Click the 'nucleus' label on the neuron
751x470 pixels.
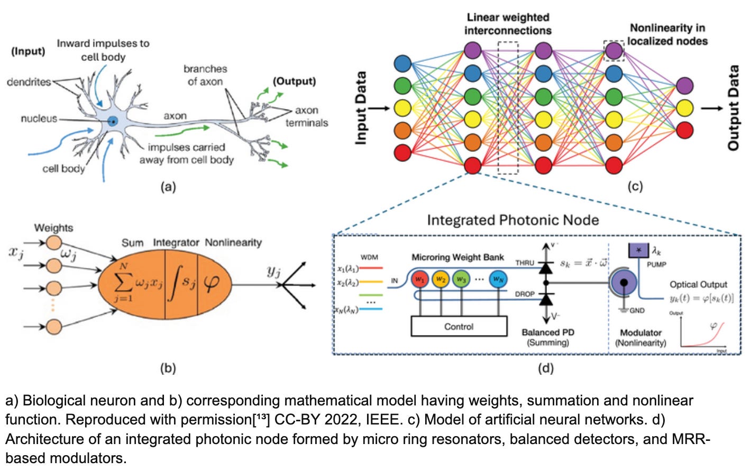point(39,119)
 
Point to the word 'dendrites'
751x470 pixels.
point(29,82)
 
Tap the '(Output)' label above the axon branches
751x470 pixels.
point(294,81)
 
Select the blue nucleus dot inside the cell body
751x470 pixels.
point(112,121)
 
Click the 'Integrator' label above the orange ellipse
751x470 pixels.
point(176,242)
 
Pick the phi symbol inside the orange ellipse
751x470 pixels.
point(211,283)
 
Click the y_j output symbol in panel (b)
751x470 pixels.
point(273,272)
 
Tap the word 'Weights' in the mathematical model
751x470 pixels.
point(53,228)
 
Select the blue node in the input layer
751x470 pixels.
point(403,64)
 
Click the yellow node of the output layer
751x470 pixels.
point(684,108)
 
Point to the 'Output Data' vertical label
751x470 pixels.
point(734,108)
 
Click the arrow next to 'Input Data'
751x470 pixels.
point(379,109)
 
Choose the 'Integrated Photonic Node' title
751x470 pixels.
point(512,220)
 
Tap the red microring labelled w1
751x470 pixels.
point(420,278)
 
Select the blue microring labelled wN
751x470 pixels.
point(498,278)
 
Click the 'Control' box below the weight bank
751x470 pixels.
point(459,327)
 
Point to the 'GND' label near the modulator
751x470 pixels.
point(637,311)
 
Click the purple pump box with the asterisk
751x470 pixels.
point(638,250)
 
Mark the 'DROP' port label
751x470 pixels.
point(525,294)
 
